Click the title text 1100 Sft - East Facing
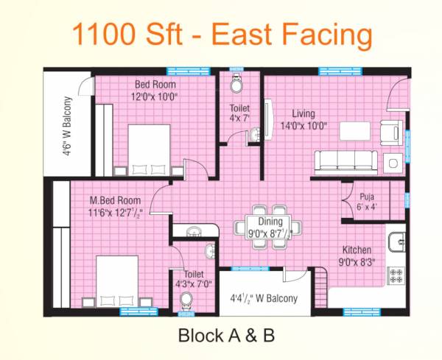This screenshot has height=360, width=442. [222, 33]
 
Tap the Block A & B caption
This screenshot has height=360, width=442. [226, 336]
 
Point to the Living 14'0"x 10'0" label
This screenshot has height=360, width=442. [303, 119]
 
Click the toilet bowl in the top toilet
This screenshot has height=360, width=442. [238, 85]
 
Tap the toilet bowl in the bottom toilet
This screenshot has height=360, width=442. [186, 300]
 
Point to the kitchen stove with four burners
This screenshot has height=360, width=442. [396, 276]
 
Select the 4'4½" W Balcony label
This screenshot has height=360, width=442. [264, 298]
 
